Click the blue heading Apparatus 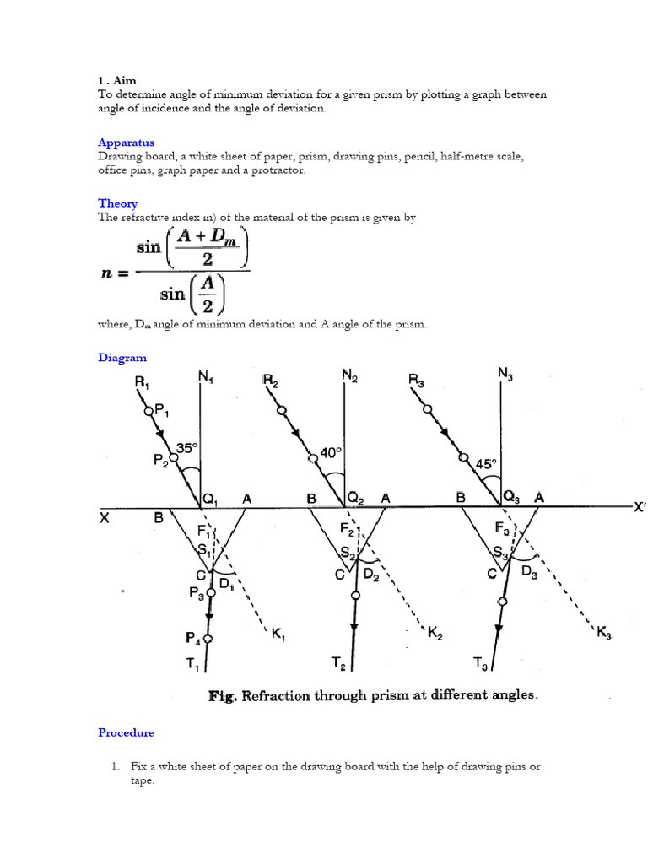[126, 143]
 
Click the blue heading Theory [117, 203]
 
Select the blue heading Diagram [121, 358]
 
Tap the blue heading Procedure [126, 732]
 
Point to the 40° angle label [332, 452]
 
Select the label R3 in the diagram [418, 381]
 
